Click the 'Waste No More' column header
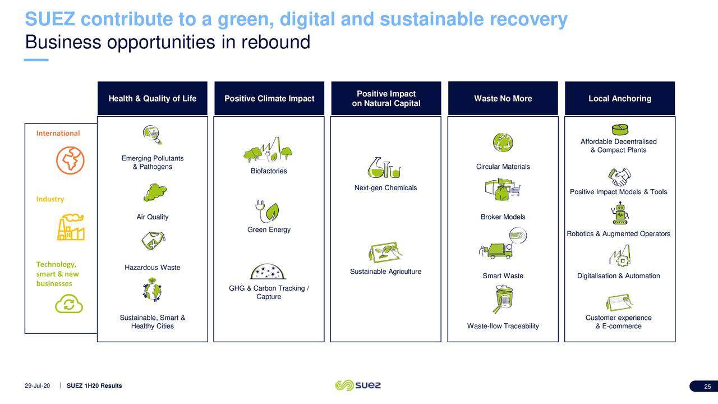coord(503,98)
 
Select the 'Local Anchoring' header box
coord(620,98)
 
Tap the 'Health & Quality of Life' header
coord(152,98)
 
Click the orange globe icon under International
coord(70,160)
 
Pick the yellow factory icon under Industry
coord(71,227)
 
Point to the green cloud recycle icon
coord(69,304)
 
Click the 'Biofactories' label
coord(269,171)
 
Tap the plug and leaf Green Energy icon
coord(268,212)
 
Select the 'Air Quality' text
coord(152,217)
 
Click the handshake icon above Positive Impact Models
coord(620,177)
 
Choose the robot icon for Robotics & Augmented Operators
coord(620,213)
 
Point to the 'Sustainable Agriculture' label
coord(385,272)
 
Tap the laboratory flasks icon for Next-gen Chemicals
coord(384,167)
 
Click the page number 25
coord(707,387)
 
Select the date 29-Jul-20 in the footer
coord(37,385)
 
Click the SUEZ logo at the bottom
coord(358,385)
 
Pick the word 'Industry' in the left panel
coord(50,199)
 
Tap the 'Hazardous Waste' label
coord(152,268)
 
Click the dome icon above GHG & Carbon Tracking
coord(268,272)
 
